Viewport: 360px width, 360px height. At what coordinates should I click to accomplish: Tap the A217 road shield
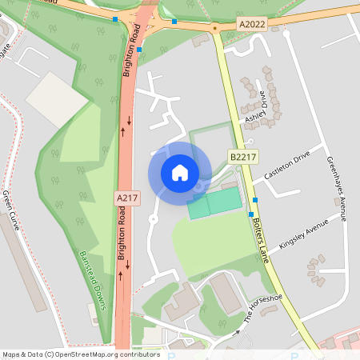(x=127, y=197)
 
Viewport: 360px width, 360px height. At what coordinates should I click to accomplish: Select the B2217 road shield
(x=243, y=157)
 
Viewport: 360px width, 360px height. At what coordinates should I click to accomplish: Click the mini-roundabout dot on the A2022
(x=215, y=28)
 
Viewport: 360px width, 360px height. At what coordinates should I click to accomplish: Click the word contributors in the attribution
(x=138, y=354)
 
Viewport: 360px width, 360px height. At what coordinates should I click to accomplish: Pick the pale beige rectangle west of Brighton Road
(x=55, y=100)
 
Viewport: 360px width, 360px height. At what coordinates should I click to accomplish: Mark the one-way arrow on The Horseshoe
(x=235, y=331)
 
